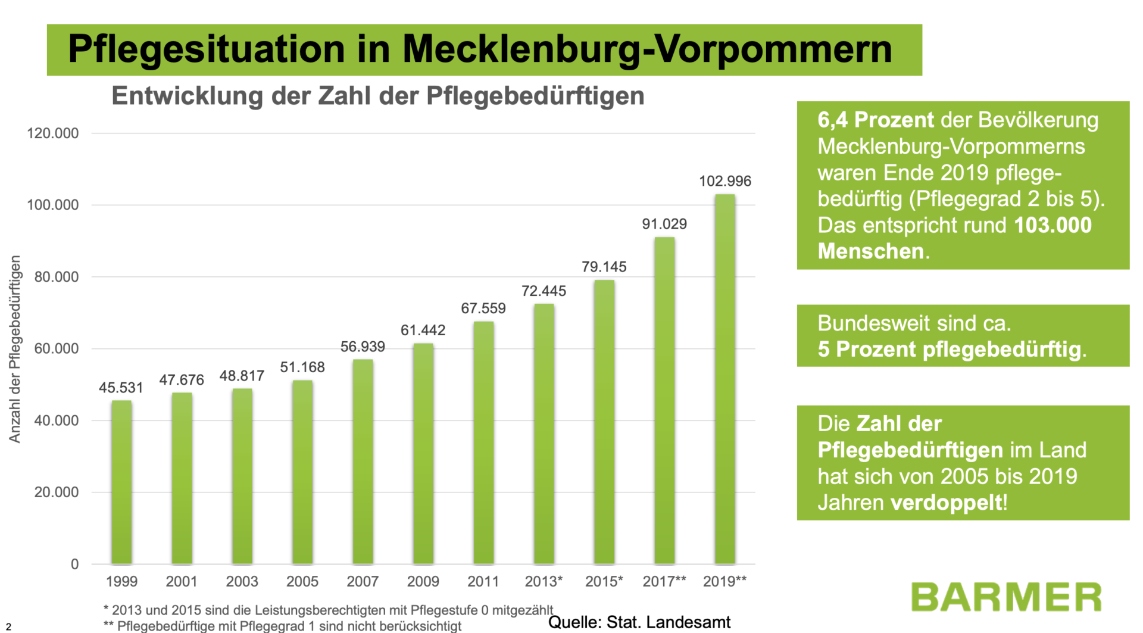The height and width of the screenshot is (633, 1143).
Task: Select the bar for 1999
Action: point(121,482)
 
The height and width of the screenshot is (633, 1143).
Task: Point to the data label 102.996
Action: point(724,181)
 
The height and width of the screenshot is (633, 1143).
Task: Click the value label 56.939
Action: point(363,347)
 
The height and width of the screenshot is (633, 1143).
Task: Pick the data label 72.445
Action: point(544,291)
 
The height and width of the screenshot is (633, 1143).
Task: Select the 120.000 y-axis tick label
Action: point(52,133)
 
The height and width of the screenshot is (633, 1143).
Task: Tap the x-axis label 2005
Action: point(302,581)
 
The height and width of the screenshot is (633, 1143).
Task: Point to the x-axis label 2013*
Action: point(544,581)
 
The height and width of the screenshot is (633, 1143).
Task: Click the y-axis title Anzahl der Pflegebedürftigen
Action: point(15,349)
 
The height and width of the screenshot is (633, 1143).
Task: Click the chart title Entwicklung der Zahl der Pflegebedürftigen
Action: point(378,96)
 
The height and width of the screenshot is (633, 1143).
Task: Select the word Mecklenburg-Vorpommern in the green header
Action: point(647,49)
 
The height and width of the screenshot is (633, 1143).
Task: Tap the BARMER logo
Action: point(1005,597)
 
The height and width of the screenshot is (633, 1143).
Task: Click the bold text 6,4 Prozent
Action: point(875,120)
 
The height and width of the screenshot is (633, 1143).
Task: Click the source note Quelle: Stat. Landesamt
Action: point(639,622)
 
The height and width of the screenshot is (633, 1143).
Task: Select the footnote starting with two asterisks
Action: point(282,626)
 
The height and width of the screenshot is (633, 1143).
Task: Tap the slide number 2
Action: point(8,626)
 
